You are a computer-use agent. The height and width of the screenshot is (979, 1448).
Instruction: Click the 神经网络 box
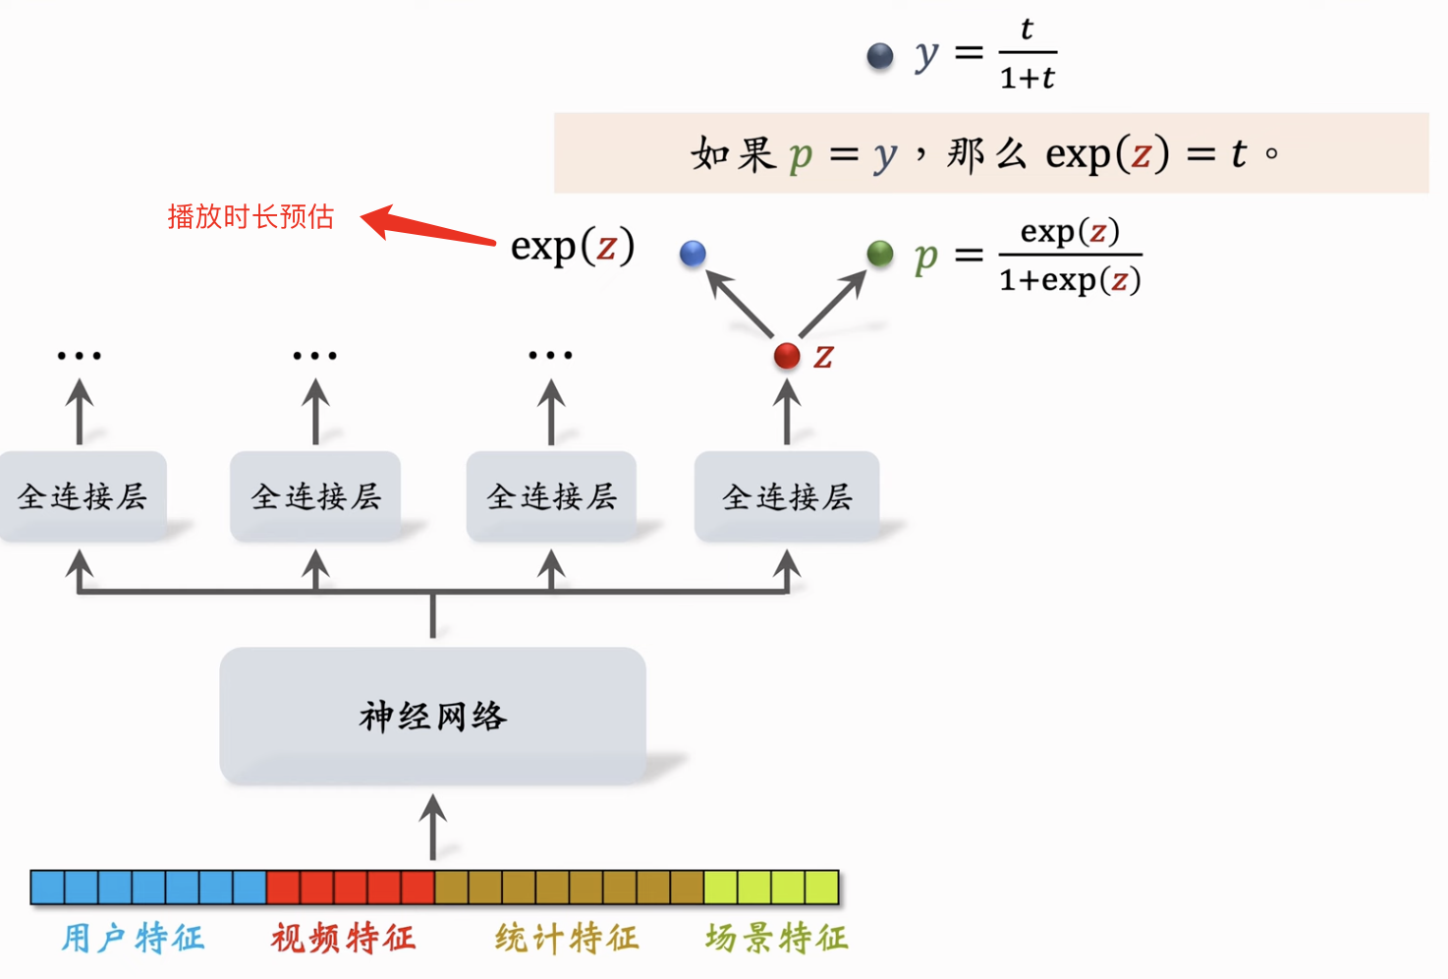pos(432,716)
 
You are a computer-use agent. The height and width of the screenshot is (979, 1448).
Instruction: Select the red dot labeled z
pos(787,356)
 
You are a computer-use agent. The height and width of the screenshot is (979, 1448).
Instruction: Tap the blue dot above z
pos(693,254)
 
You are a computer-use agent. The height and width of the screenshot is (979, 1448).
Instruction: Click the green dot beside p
pos(880,254)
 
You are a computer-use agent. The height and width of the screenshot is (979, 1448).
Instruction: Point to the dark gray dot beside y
pos(880,56)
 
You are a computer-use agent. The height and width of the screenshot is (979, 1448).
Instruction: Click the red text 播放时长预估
pos(251,216)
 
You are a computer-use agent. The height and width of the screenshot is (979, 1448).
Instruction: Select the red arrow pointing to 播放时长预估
pos(428,226)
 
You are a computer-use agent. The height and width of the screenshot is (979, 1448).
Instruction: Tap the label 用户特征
pos(133,938)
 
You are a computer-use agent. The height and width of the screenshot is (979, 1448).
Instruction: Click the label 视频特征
pos(343,938)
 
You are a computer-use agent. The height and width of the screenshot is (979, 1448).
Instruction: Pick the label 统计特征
pos(567,938)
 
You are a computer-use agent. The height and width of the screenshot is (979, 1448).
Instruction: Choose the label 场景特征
pos(776,938)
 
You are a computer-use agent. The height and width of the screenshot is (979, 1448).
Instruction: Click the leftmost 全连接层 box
pos(83,496)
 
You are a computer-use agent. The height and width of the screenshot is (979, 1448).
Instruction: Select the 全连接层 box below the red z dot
pos(787,496)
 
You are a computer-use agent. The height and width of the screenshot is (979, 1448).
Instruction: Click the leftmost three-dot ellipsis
pos(79,355)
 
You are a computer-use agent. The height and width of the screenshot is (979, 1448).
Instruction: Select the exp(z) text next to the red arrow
pos(573,246)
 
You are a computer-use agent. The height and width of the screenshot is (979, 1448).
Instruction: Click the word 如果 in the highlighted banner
pos(733,153)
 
